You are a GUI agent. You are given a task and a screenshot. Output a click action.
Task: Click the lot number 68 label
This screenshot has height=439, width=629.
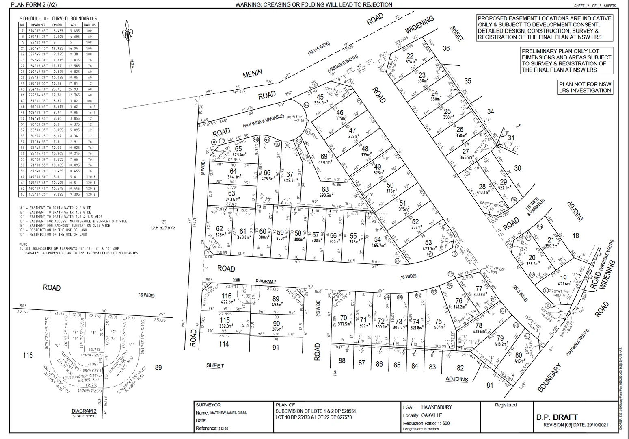point(325,189)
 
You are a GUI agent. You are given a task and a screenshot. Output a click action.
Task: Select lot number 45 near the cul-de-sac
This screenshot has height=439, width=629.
point(320,97)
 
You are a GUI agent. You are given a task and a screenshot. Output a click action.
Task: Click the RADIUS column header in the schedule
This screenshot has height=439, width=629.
point(90,25)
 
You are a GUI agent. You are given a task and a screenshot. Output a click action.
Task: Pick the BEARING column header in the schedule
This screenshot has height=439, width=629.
point(38,25)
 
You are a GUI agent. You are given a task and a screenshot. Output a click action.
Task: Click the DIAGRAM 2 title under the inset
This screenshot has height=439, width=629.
point(84,411)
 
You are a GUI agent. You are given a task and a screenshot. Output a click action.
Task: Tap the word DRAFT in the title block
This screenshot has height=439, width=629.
point(565,417)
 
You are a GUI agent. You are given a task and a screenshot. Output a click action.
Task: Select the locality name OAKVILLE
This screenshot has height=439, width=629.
point(431,415)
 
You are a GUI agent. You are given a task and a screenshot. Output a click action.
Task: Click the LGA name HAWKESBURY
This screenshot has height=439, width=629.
point(436,407)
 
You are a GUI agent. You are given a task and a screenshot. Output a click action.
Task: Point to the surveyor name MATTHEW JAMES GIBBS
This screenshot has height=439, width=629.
point(228,413)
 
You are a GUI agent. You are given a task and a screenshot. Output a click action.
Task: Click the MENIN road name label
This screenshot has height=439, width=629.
point(253,74)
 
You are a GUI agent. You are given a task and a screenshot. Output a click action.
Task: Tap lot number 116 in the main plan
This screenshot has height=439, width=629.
point(226,296)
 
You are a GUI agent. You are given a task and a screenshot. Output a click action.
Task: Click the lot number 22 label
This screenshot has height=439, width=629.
point(410,56)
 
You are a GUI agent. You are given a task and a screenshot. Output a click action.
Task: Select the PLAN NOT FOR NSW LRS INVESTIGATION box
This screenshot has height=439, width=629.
point(585,87)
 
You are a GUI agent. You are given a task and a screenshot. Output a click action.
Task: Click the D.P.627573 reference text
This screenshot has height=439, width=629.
point(163,228)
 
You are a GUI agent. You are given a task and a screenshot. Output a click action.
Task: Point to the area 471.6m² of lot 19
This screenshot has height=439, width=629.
point(564,284)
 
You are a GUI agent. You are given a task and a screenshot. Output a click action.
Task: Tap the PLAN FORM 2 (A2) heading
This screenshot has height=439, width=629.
point(34,5)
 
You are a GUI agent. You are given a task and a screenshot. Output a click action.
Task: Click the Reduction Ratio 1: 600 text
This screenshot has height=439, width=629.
point(426,423)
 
